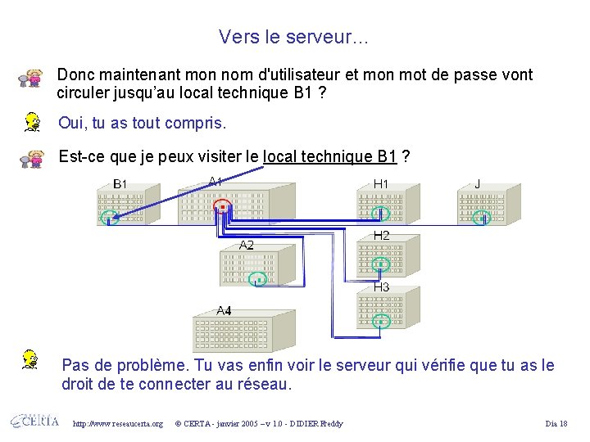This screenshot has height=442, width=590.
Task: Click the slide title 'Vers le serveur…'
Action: tap(294, 37)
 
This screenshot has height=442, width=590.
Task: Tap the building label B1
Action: tap(120, 184)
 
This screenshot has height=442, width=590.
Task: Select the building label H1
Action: tap(381, 184)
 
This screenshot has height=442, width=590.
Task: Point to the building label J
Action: tap(478, 184)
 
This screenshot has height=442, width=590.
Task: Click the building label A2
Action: tap(246, 245)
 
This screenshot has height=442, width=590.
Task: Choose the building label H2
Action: tap(381, 236)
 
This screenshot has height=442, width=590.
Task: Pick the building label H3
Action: tap(382, 287)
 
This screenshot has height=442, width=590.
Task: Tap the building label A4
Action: tap(224, 310)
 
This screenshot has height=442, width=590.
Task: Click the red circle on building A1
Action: tap(221, 208)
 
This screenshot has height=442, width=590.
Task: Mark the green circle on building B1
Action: tap(109, 218)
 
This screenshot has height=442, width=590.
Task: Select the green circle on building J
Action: tap(484, 217)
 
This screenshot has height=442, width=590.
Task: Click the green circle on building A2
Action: tap(257, 279)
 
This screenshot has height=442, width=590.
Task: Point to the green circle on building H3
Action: tap(381, 321)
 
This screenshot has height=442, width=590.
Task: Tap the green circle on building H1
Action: tap(380, 214)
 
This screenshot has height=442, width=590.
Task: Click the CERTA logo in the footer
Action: tap(34, 422)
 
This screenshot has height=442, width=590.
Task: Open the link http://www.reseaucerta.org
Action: tap(118, 423)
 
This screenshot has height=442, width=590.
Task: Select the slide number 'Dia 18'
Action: tap(556, 423)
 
